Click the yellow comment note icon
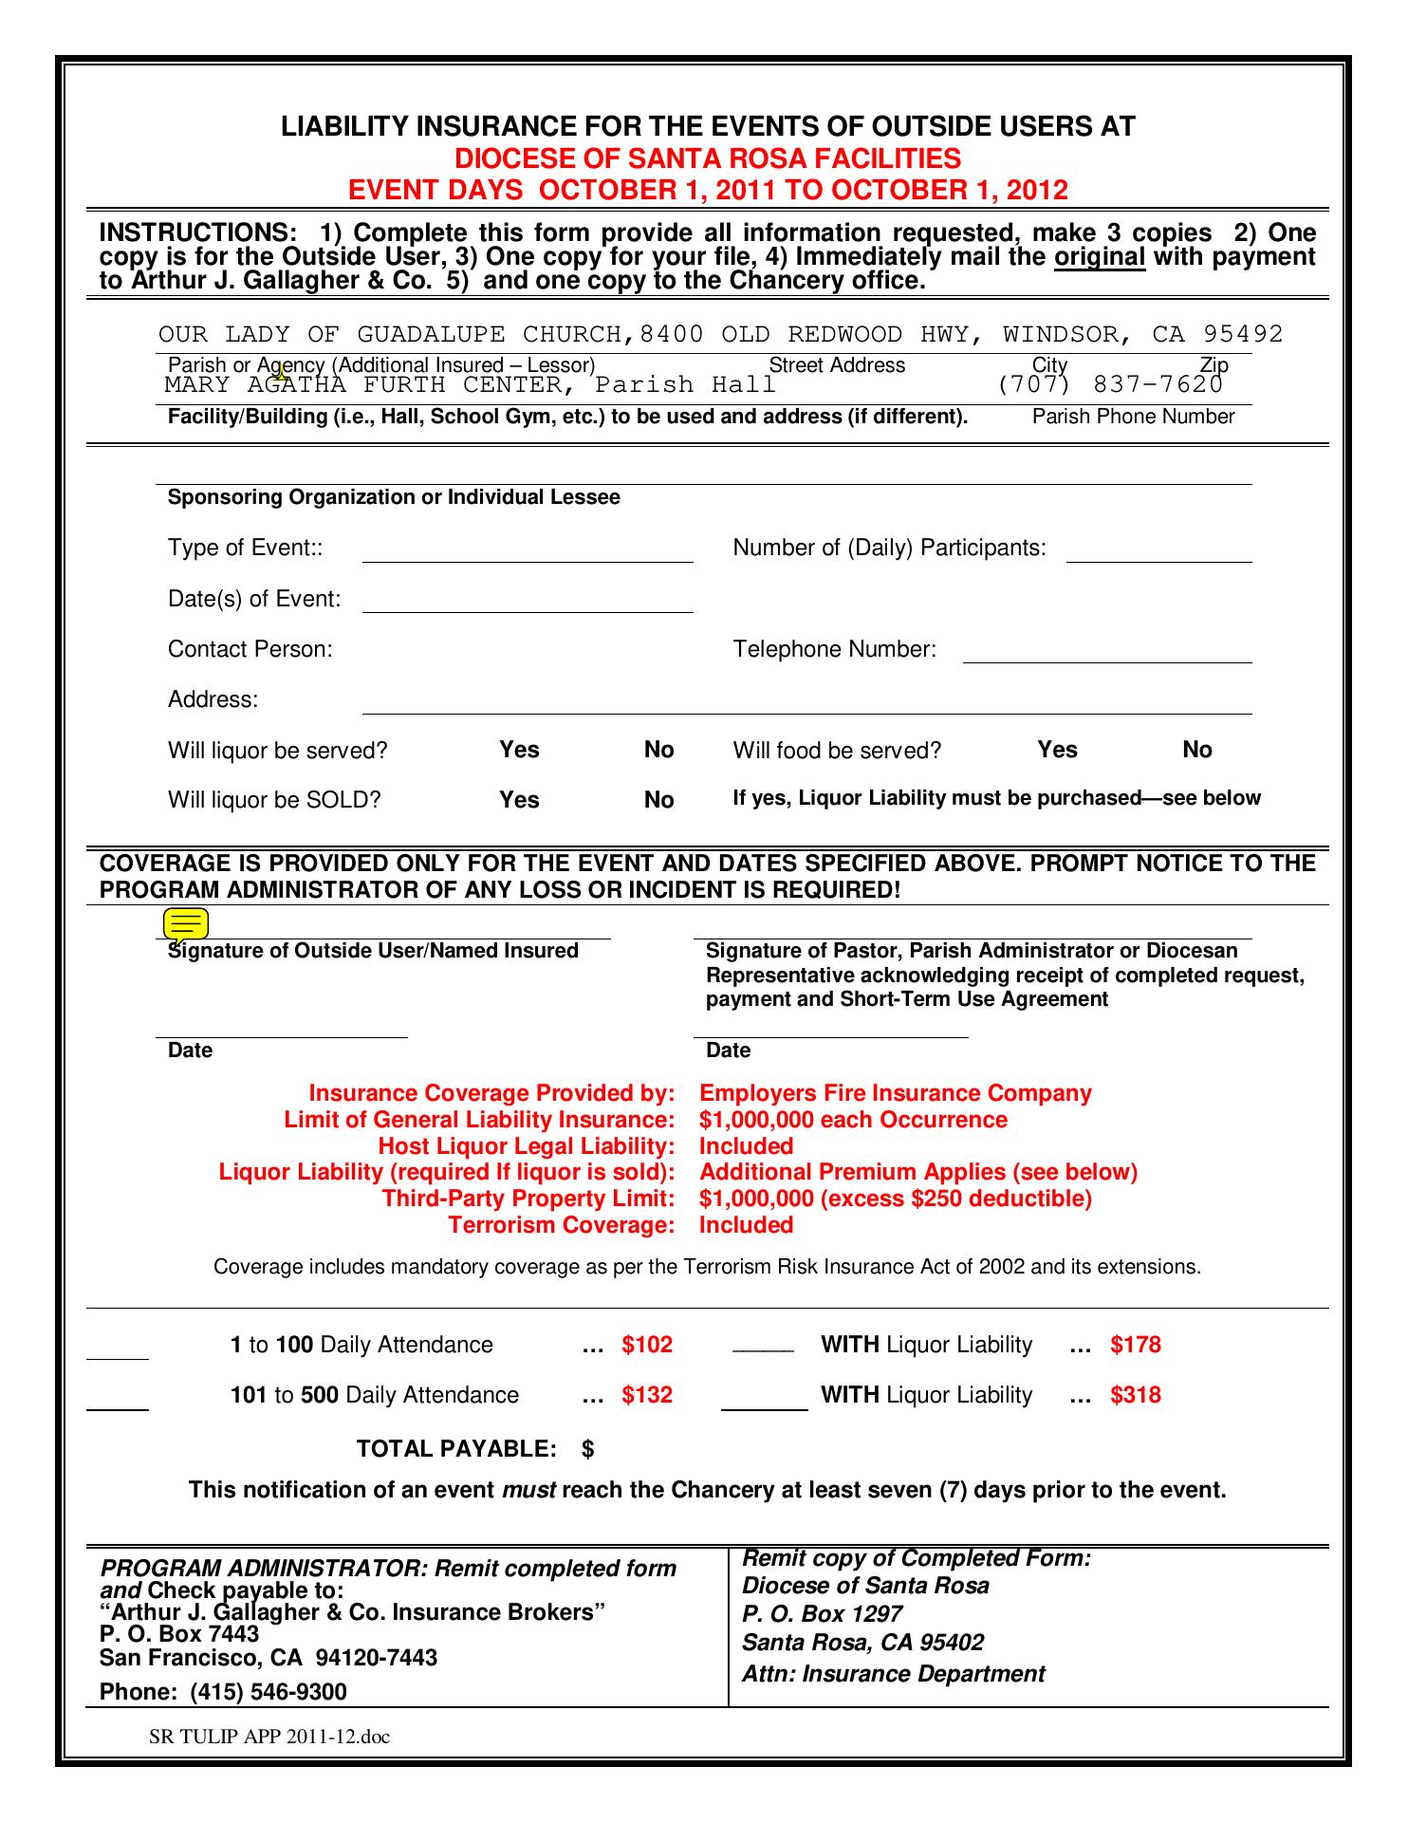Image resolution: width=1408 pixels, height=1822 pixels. (186, 924)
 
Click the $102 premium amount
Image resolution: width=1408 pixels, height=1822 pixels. (647, 1345)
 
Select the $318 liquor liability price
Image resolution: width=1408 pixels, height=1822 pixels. (1136, 1395)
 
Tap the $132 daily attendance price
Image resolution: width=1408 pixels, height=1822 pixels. (647, 1395)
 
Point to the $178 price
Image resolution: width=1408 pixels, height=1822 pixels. (1136, 1345)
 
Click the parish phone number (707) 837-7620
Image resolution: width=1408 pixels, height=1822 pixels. (1109, 384)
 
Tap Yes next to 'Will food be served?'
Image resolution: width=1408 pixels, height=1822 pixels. (1057, 750)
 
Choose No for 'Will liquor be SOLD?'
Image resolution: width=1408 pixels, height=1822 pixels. (658, 800)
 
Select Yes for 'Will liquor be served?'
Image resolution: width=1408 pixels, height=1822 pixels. (519, 750)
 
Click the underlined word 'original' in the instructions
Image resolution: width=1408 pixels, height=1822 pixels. (1100, 257)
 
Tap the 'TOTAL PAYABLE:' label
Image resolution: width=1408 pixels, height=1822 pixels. (456, 1448)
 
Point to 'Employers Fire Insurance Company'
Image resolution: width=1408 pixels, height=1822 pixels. (895, 1093)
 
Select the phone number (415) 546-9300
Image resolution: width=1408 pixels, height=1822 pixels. (269, 1692)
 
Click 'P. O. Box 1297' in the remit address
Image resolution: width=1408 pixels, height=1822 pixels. (822, 1613)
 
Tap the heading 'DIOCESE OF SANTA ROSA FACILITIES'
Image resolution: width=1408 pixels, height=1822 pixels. (707, 158)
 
